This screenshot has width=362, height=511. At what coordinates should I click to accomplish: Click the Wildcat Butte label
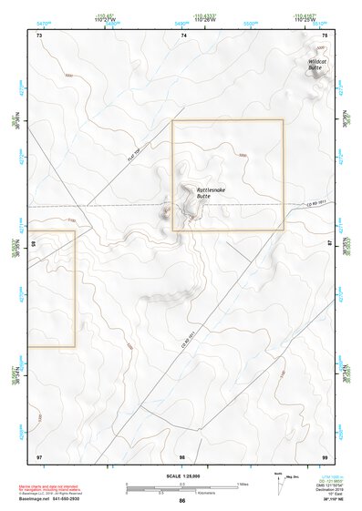tap(315, 64)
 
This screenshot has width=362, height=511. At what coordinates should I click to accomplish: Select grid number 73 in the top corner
tap(39, 35)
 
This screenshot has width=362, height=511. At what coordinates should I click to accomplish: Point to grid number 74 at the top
tap(183, 35)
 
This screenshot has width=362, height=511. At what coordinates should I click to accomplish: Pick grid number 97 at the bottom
tap(39, 455)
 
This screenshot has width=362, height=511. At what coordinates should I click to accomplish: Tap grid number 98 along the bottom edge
tap(182, 455)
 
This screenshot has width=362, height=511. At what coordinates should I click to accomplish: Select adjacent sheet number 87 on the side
tap(331, 244)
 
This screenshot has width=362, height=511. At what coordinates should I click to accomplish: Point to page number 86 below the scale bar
tap(182, 501)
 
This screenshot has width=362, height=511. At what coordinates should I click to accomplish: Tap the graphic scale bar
tap(181, 487)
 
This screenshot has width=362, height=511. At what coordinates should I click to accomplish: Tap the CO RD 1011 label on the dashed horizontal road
tap(315, 201)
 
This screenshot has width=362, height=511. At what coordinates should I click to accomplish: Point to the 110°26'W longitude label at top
tap(184, 19)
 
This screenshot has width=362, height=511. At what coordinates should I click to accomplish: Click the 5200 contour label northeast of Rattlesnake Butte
tap(243, 156)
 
